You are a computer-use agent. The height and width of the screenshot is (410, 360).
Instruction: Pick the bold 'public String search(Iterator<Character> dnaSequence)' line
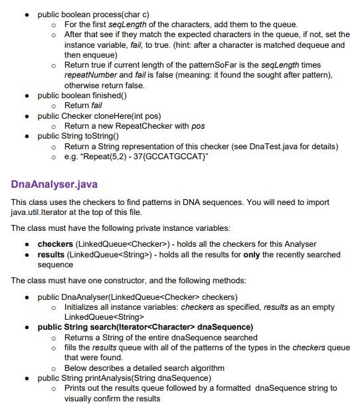pos(145,327)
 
